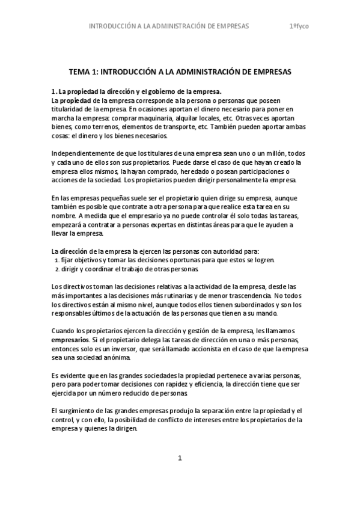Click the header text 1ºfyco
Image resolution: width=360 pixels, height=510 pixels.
click(299, 26)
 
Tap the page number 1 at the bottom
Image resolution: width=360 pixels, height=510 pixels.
click(180, 458)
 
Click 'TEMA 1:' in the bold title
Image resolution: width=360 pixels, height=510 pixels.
click(84, 72)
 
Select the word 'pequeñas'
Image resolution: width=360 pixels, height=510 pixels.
click(117, 198)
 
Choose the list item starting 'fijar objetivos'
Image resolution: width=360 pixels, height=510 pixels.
click(162, 260)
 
